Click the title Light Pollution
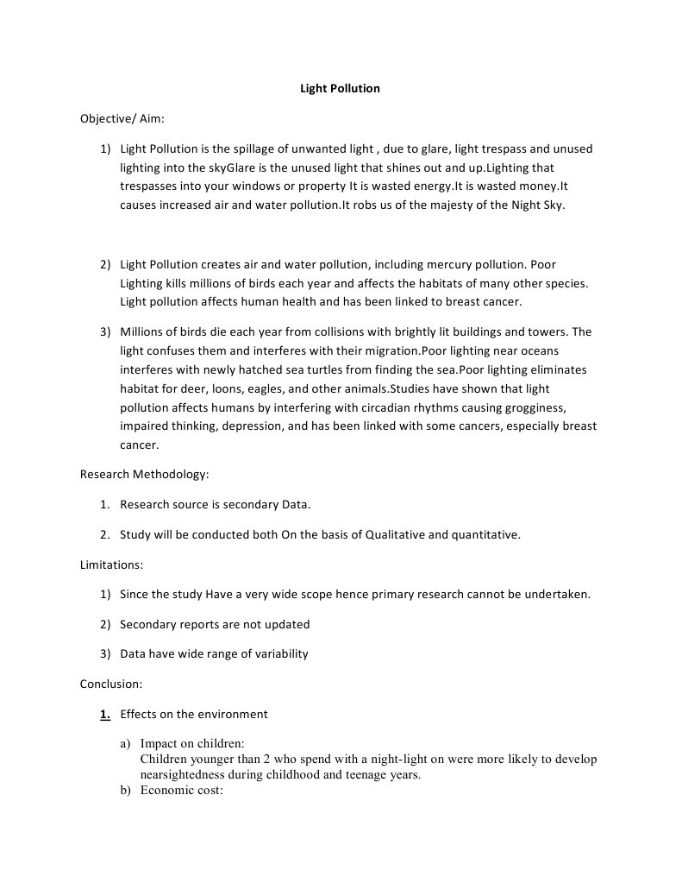click(x=340, y=88)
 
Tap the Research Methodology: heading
click(x=145, y=474)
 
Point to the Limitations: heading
click(x=111, y=564)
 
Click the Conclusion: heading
click(x=111, y=684)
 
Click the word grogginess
click(x=535, y=407)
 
